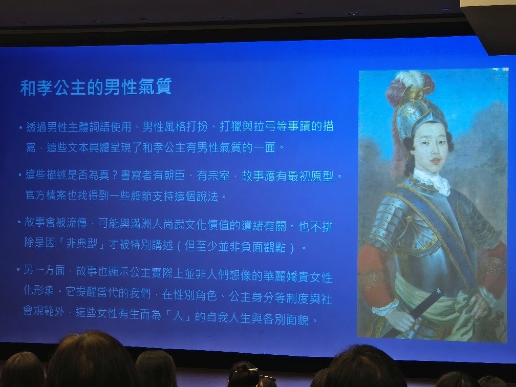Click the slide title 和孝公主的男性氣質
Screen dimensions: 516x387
click(96, 87)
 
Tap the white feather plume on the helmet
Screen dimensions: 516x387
click(410, 79)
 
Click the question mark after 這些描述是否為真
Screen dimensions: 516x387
click(115, 175)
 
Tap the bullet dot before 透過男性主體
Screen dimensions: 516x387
click(20, 127)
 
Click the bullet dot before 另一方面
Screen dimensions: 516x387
click(18, 270)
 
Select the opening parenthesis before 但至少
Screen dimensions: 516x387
click(179, 247)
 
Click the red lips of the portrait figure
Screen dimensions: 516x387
click(435, 161)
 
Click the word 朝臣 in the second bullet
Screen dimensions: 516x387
click(174, 176)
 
